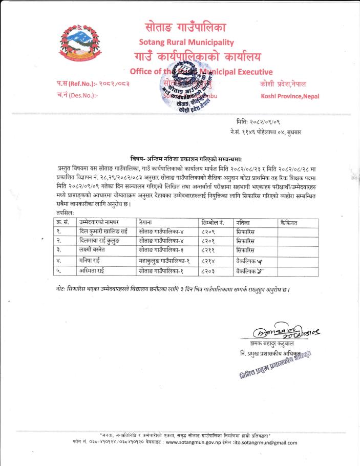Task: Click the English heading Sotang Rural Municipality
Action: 186,41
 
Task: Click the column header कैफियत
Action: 289,222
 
